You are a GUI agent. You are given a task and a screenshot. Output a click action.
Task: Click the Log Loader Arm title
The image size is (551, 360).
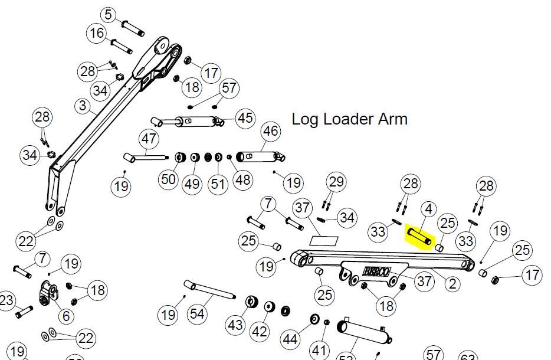(x=349, y=119)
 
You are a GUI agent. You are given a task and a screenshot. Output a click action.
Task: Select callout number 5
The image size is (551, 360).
(x=108, y=15)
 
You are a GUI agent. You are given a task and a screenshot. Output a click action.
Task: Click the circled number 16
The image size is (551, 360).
(x=97, y=34)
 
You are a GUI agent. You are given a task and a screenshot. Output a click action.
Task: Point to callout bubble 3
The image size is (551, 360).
(x=83, y=106)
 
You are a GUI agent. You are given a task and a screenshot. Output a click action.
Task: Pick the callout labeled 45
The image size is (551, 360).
(x=245, y=117)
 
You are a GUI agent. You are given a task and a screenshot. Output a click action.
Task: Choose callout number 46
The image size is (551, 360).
(x=270, y=131)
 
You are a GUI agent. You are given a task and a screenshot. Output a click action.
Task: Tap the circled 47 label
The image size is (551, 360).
(x=149, y=139)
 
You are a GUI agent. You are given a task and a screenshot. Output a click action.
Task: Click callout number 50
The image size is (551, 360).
(x=169, y=178)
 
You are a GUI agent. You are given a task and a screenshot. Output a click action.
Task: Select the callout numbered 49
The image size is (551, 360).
(x=192, y=184)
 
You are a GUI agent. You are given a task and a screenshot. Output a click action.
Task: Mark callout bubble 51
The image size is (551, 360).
(x=218, y=184)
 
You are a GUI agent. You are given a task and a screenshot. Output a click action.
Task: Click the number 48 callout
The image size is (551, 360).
(x=242, y=179)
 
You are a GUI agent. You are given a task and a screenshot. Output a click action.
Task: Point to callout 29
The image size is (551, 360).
(x=336, y=181)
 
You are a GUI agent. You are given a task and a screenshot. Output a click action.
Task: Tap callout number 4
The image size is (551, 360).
(x=428, y=209)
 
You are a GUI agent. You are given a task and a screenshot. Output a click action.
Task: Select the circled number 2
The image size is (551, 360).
(x=452, y=284)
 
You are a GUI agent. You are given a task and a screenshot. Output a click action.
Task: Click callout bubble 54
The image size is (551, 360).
(x=197, y=314)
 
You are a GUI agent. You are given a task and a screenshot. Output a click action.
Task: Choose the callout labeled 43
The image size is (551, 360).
(x=235, y=325)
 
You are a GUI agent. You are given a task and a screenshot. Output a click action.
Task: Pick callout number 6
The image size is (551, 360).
(x=65, y=316)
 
